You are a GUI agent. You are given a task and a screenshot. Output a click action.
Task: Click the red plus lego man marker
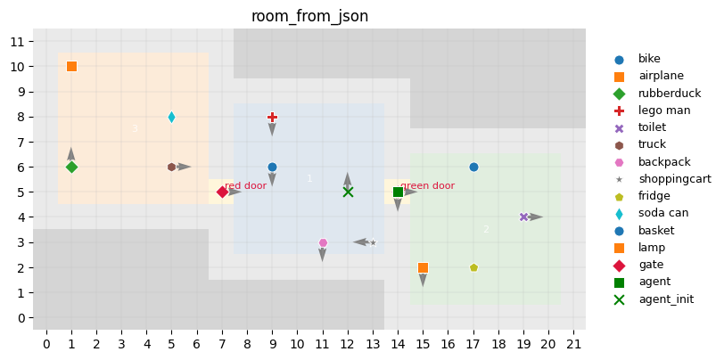272,117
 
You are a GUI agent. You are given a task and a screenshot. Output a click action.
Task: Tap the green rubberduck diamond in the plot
71,167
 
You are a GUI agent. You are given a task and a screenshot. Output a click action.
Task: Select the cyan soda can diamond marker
171,117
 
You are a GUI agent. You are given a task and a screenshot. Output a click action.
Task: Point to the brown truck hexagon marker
171,167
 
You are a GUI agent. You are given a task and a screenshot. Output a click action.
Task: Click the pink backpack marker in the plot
323,242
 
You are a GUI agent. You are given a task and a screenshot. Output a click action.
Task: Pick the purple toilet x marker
523,217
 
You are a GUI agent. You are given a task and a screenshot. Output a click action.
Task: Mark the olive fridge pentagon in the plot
473,267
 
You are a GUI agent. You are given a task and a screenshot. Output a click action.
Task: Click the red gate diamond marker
222,192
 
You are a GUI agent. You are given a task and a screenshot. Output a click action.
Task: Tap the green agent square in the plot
398,192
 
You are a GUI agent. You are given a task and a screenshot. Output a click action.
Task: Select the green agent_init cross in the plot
348,192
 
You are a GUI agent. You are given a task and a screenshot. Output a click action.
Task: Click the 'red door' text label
246,185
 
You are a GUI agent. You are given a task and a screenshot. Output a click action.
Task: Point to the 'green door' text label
428,185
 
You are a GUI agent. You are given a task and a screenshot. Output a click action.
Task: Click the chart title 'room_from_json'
309,16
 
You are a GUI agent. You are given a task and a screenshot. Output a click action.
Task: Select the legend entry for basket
656,230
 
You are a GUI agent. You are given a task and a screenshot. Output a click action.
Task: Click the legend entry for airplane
661,76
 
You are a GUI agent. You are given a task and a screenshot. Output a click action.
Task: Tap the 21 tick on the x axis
573,344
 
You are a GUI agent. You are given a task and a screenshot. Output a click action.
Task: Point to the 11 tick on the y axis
17,42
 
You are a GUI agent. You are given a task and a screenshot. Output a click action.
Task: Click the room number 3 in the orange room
135,129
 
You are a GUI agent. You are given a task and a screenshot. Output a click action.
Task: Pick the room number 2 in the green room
486,229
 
